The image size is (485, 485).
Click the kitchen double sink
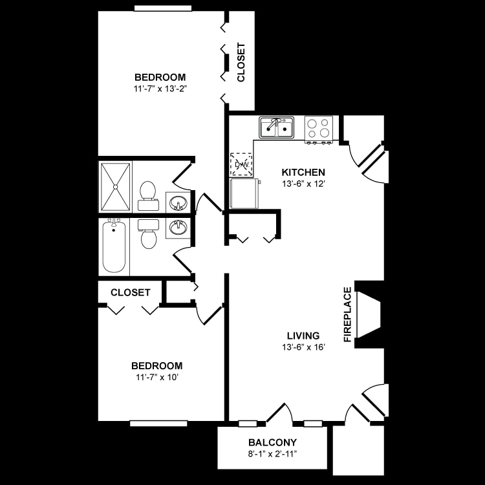pyautogui.click(x=277, y=127)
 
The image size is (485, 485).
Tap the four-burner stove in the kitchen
pyautogui.click(x=319, y=129)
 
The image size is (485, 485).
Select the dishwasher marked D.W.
pyautogui.click(x=241, y=164)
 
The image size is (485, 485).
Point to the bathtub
pyautogui.click(x=114, y=246)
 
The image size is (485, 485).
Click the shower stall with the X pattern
pyautogui.click(x=115, y=187)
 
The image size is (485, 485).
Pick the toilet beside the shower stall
pyautogui.click(x=148, y=195)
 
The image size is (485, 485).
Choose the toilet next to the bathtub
pyautogui.click(x=148, y=234)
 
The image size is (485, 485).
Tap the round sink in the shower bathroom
pyautogui.click(x=178, y=203)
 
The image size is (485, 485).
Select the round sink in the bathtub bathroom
pyautogui.click(x=178, y=228)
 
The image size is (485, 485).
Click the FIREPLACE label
pyautogui.click(x=348, y=314)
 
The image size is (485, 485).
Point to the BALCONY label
pyautogui.click(x=272, y=442)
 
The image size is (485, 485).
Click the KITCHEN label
pyautogui.click(x=303, y=172)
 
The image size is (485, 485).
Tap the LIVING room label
pyautogui.click(x=303, y=336)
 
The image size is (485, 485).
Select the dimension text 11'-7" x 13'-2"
pyautogui.click(x=160, y=89)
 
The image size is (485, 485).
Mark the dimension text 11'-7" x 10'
pyautogui.click(x=157, y=378)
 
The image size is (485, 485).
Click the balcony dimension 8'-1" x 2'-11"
pyautogui.click(x=272, y=454)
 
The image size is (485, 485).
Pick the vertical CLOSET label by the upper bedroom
pyautogui.click(x=241, y=62)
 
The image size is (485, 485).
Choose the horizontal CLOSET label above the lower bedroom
pyautogui.click(x=130, y=292)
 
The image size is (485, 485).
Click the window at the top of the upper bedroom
pyautogui.click(x=163, y=8)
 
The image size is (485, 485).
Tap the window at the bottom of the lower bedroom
pyautogui.click(x=158, y=423)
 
